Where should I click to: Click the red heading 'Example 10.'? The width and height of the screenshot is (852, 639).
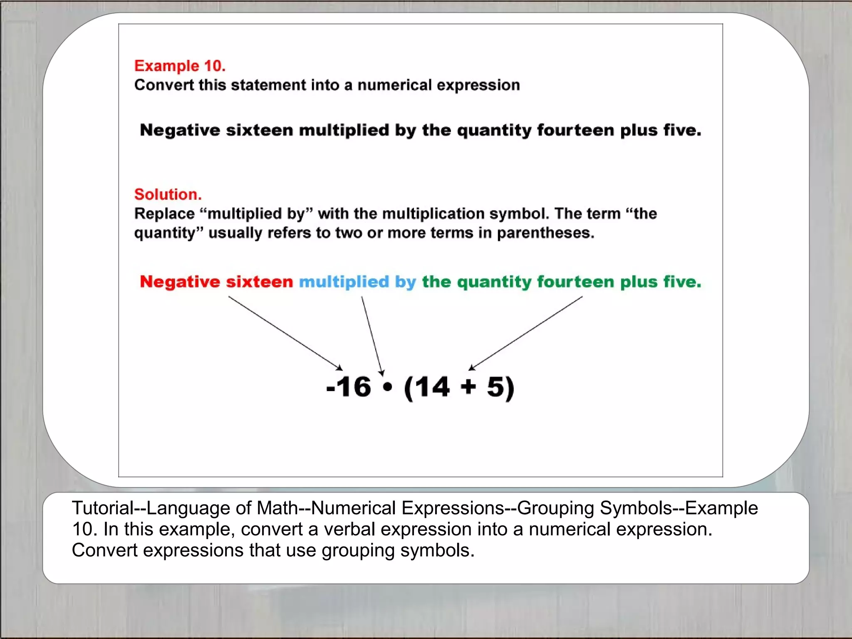pos(180,66)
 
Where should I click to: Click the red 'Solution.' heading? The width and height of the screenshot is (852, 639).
pos(168,194)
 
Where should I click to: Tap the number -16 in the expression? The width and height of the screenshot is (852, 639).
pos(349,387)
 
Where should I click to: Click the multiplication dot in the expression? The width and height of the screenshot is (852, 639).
pos(387,387)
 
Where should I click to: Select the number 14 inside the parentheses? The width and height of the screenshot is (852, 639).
pos(433,387)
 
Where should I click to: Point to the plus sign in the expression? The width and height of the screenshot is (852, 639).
pos(468,387)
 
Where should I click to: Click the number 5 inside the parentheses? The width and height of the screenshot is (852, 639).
pos(496,387)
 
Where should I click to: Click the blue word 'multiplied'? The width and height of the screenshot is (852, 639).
pos(344,282)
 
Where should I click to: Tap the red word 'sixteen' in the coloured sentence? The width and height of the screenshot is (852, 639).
pos(259,282)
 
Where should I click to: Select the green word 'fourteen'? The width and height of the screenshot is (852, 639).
pos(575,282)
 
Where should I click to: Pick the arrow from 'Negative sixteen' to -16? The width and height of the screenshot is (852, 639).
pos(285,333)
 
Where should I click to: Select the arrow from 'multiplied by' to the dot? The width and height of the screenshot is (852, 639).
pos(372,335)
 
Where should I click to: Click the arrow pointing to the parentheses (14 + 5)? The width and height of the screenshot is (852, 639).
pos(526,333)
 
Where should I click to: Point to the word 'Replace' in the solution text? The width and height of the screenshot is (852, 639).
pos(164,214)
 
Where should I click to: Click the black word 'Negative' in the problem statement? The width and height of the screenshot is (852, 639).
pos(180,130)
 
